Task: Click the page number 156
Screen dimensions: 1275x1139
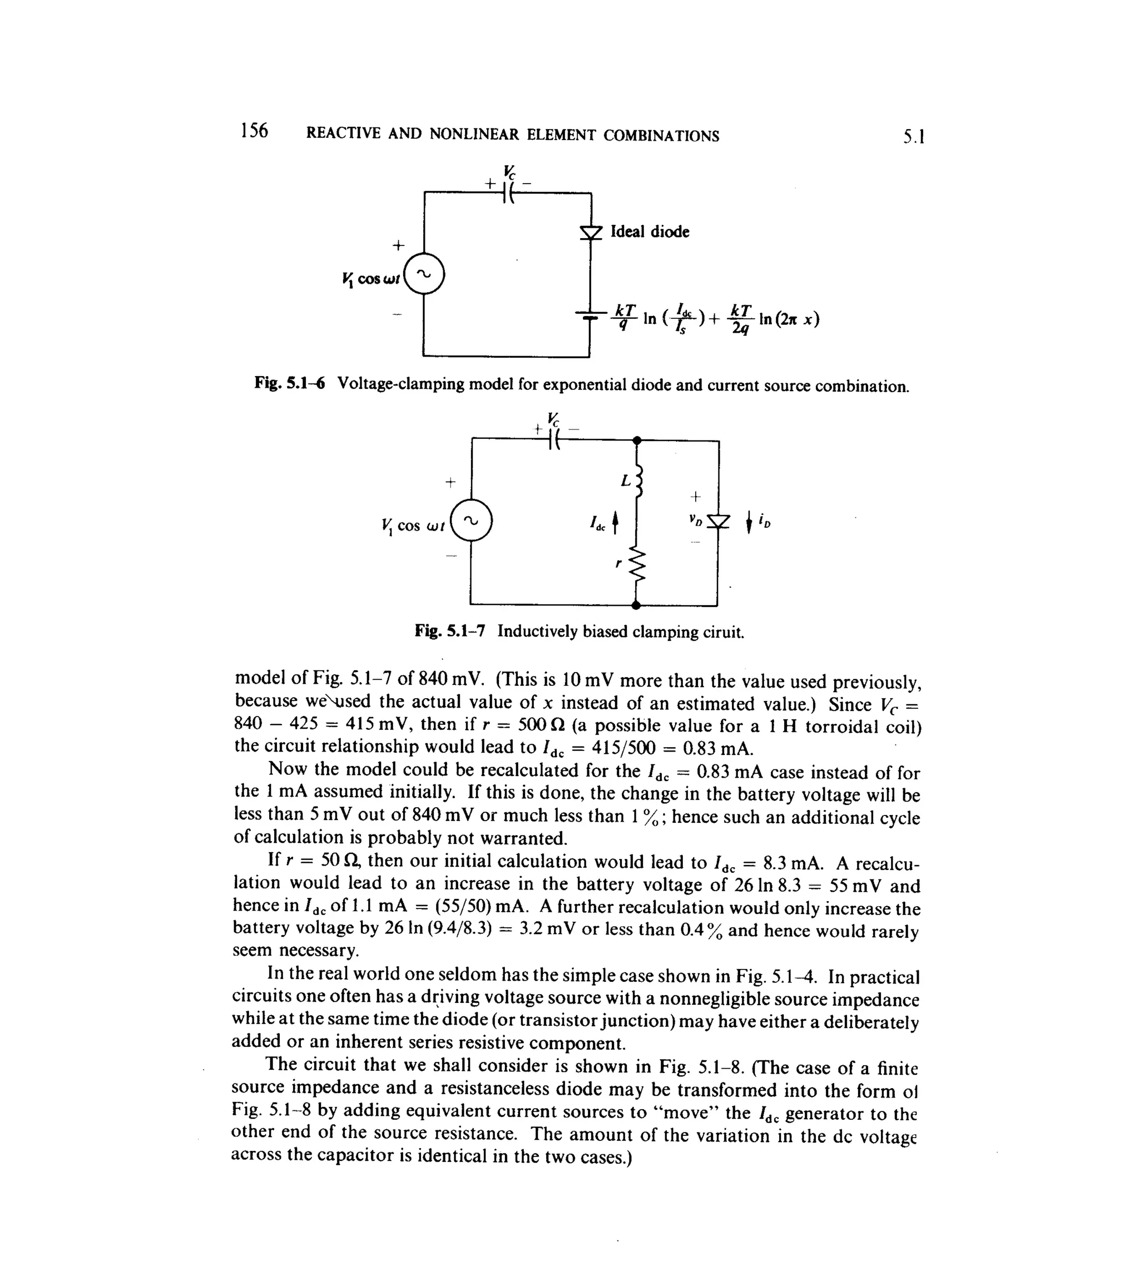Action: [x=254, y=131]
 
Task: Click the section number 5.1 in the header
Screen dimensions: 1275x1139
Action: [x=914, y=136]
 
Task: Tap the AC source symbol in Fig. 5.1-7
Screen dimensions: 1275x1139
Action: [x=472, y=521]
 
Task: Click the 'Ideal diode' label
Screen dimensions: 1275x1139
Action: [x=650, y=232]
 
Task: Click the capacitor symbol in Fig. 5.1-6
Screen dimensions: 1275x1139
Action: [x=508, y=194]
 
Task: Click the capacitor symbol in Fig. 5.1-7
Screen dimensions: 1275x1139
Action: [x=554, y=439]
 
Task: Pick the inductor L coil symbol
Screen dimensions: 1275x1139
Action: [x=638, y=481]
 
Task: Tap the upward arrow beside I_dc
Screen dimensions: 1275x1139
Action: [x=615, y=521]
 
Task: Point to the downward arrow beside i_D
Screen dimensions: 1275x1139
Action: [x=749, y=522]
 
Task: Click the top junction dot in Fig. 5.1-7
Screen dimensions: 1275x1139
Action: [x=637, y=441]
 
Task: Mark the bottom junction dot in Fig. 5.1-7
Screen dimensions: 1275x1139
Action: [x=636, y=605]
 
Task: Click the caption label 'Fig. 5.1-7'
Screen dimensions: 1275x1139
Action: [x=449, y=631]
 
